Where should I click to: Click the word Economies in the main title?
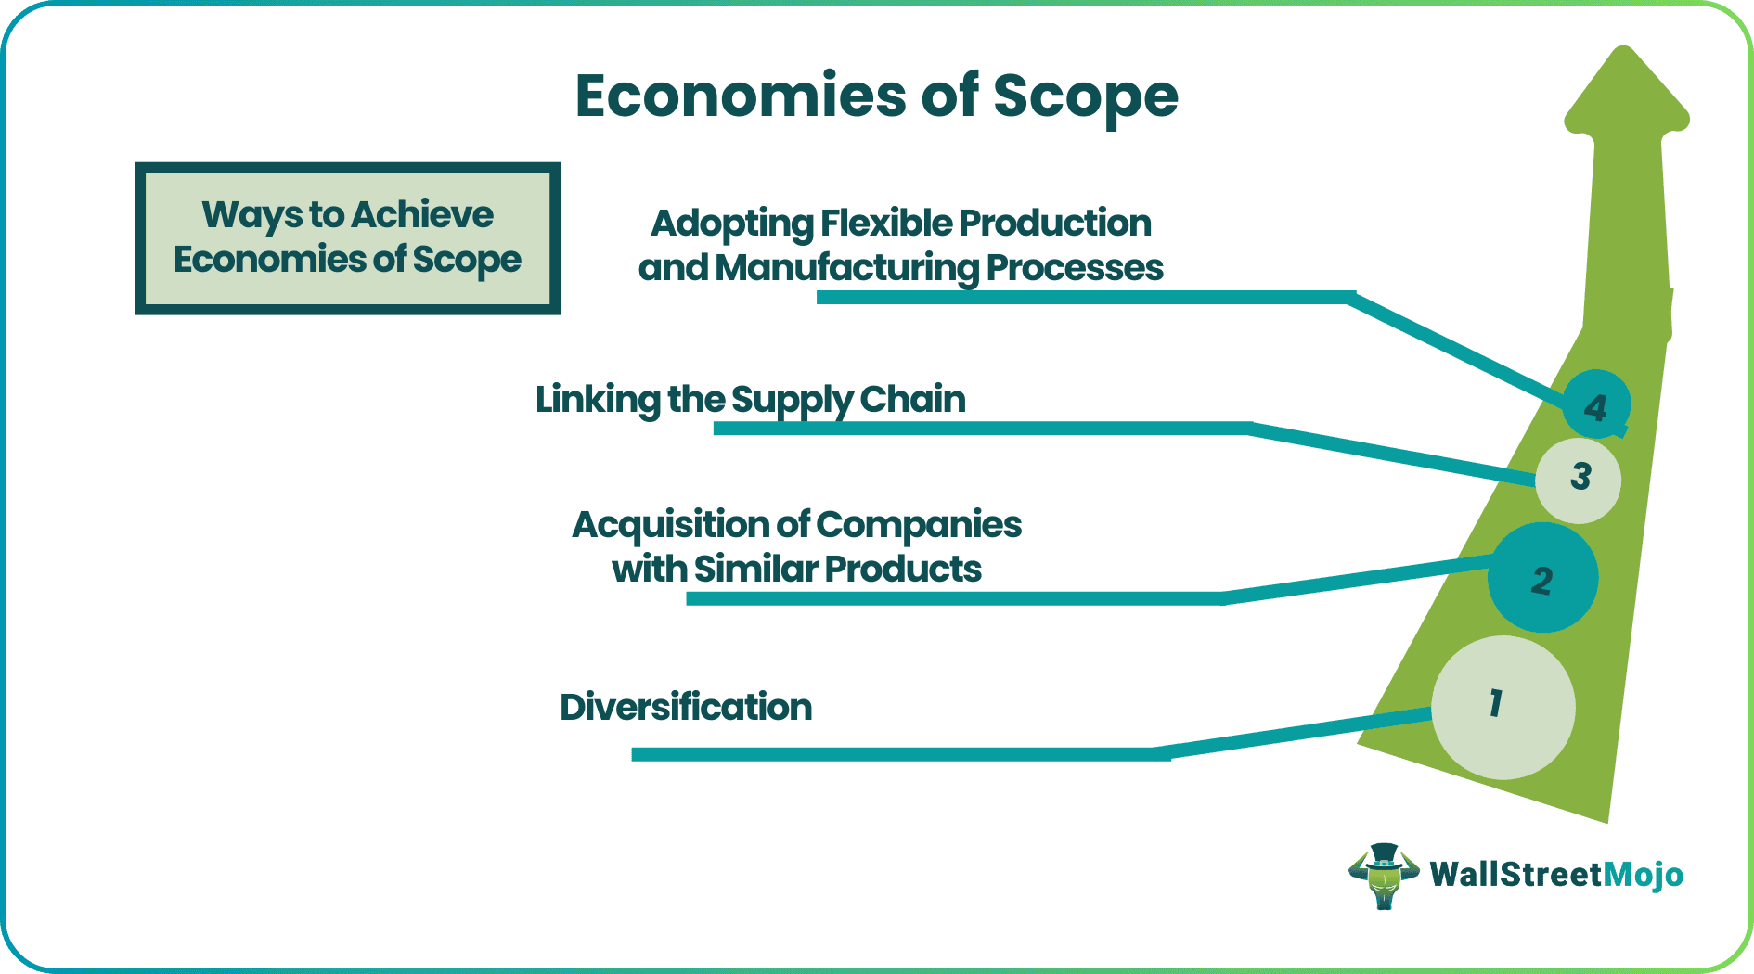(740, 96)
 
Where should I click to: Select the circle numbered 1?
(1503, 707)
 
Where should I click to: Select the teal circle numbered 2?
(1542, 579)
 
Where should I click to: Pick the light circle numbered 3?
(1579, 480)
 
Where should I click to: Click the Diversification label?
(685, 707)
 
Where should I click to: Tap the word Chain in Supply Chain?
(912, 400)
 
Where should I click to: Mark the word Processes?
(1074, 268)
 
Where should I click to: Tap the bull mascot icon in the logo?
(1383, 875)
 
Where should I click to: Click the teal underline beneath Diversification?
(891, 754)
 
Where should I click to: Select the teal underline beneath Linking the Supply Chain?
(974, 428)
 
